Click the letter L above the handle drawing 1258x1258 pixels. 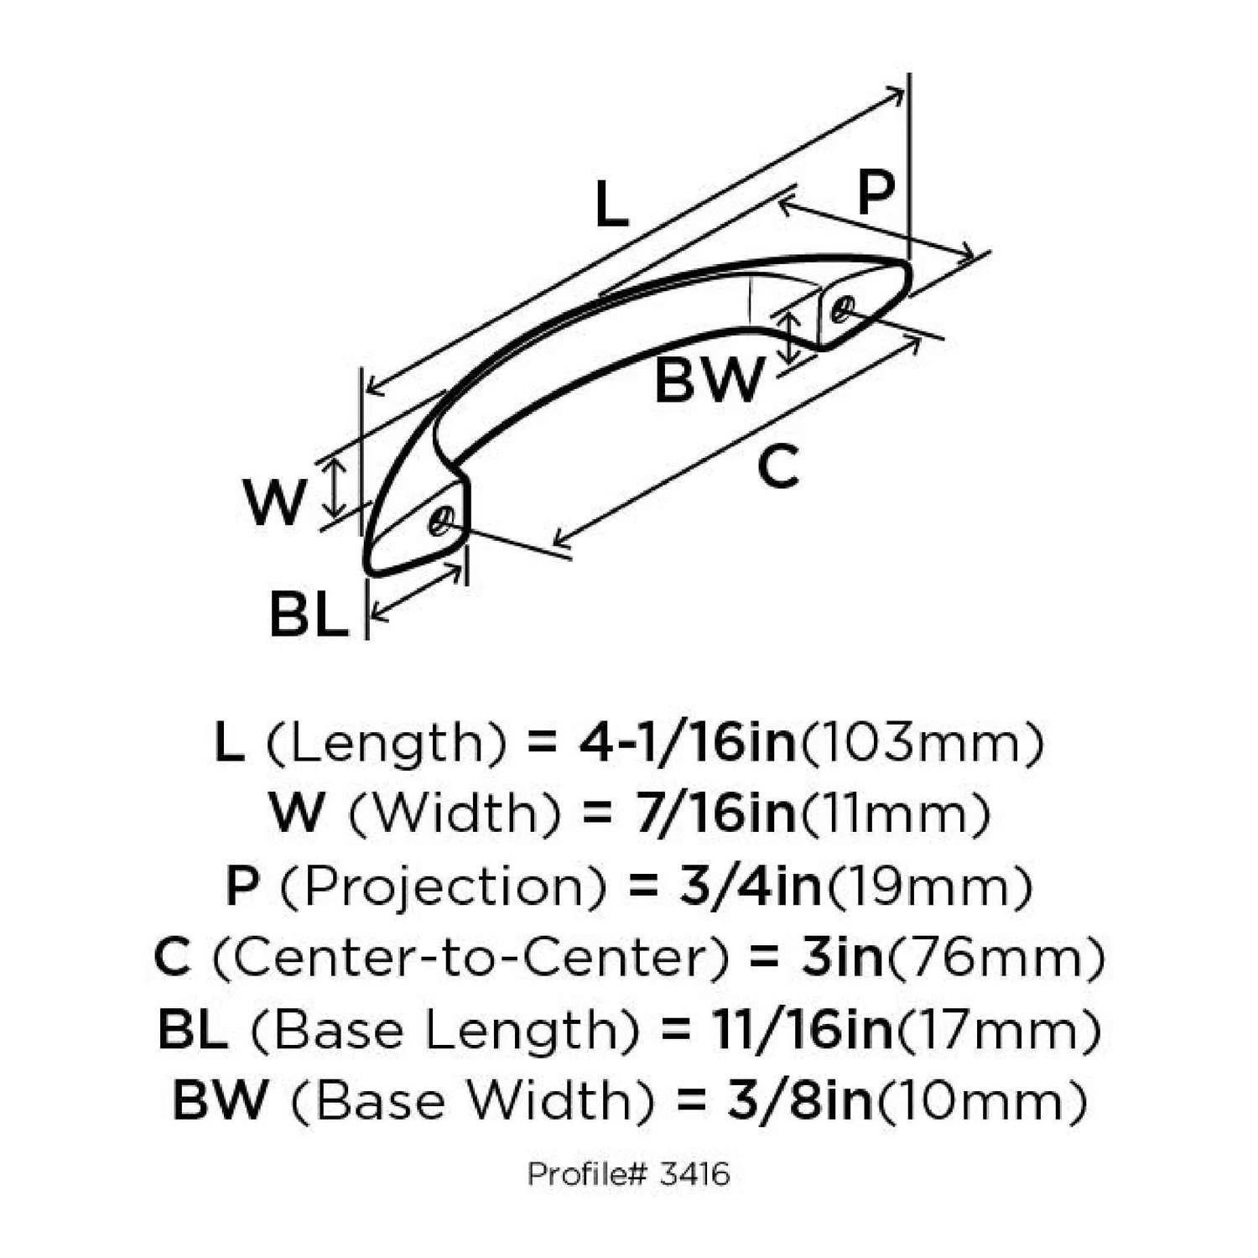click(611, 205)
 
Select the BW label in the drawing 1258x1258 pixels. click(710, 380)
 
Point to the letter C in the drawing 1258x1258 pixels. click(777, 465)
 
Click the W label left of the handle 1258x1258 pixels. click(273, 502)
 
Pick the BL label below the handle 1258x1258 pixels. click(309, 614)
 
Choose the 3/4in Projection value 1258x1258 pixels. click(751, 886)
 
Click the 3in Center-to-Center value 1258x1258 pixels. click(843, 957)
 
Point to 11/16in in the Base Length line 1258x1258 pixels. click(803, 1029)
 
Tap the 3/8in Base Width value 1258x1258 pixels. click(801, 1100)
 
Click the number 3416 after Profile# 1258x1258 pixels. click(694, 1174)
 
